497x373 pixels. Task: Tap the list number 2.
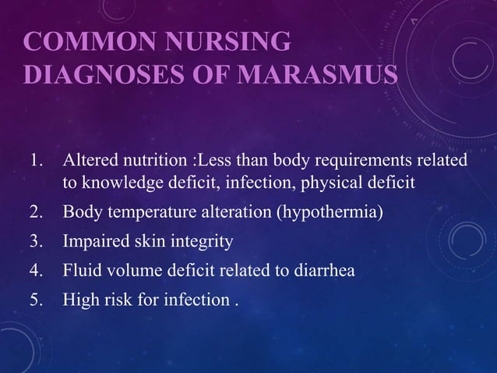(x=35, y=211)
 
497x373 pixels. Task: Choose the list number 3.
(x=35, y=241)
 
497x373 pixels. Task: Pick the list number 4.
(x=35, y=271)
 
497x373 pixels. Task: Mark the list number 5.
(x=35, y=300)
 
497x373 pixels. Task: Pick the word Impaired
(x=94, y=241)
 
